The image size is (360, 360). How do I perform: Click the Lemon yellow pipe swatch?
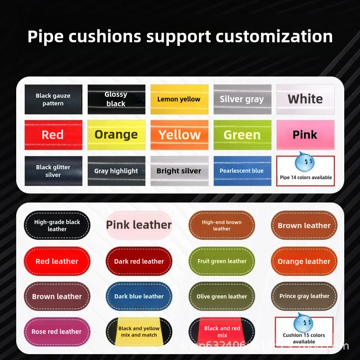pyautogui.click(x=179, y=99)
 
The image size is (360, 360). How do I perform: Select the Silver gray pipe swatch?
pyautogui.click(x=242, y=99)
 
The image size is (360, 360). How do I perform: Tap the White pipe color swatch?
pyautogui.click(x=305, y=99)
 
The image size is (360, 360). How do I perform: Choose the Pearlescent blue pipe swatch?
pyautogui.click(x=242, y=171)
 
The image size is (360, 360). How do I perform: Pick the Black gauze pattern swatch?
pyautogui.click(x=53, y=99)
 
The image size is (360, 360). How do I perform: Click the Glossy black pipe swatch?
pyautogui.click(x=116, y=99)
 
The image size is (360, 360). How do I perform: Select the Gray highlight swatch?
pyautogui.click(x=116, y=171)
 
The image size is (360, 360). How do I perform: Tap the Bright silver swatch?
pyautogui.click(x=179, y=171)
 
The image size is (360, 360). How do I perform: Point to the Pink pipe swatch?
pyautogui.click(x=305, y=135)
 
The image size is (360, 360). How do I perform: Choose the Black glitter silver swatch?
pyautogui.click(x=53, y=171)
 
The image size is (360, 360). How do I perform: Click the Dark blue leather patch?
pyautogui.click(x=139, y=297)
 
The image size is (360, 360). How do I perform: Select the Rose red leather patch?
pyautogui.click(x=57, y=332)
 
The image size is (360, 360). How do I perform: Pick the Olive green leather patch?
pyautogui.click(x=222, y=297)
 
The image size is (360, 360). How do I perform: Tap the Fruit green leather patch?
pyautogui.click(x=222, y=261)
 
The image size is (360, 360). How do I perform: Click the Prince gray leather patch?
pyautogui.click(x=304, y=297)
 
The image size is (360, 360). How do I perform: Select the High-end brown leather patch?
pyautogui.click(x=222, y=225)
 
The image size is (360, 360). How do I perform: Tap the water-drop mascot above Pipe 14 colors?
pyautogui.click(x=305, y=162)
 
